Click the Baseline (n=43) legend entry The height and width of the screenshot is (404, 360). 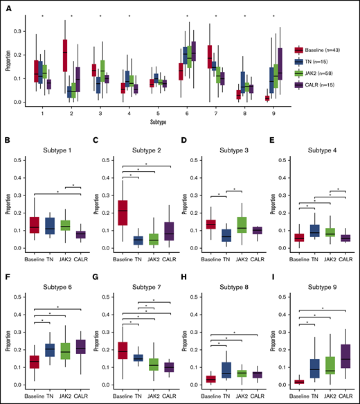coord(321,50)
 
